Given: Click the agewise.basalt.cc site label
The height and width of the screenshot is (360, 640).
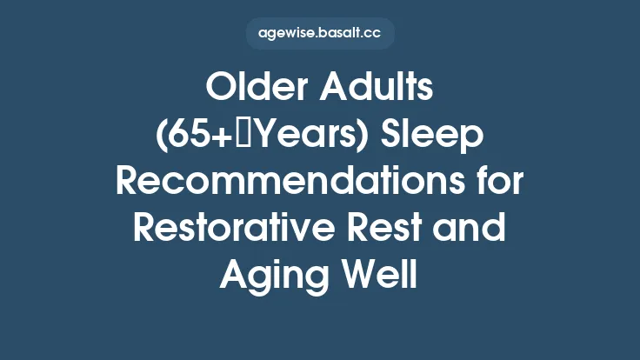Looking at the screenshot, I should pos(320,34).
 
